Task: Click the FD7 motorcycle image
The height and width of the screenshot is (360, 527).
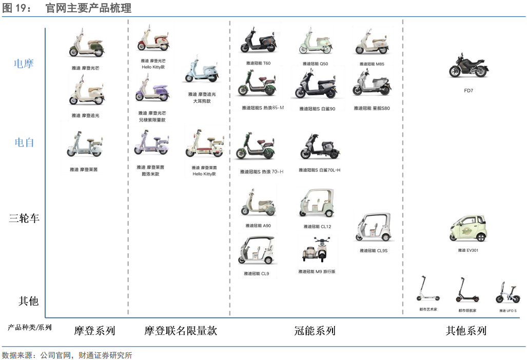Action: tap(468, 66)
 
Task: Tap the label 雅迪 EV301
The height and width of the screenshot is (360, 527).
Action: tap(468, 251)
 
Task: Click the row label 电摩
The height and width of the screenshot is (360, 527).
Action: tap(24, 64)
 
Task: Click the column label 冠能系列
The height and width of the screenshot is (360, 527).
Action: tap(315, 331)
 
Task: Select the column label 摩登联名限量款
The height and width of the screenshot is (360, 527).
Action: tap(181, 331)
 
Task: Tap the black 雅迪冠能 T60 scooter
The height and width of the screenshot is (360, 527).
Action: tap(259, 42)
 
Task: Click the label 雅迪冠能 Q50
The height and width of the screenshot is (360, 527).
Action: tap(315, 64)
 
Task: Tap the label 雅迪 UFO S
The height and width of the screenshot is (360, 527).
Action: tap(508, 311)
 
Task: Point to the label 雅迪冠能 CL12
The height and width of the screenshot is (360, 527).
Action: tap(317, 227)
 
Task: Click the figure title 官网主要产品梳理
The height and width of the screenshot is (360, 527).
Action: tap(88, 8)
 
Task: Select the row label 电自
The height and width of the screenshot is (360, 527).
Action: tap(24, 143)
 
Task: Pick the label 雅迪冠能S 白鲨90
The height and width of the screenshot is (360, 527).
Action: tap(317, 109)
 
